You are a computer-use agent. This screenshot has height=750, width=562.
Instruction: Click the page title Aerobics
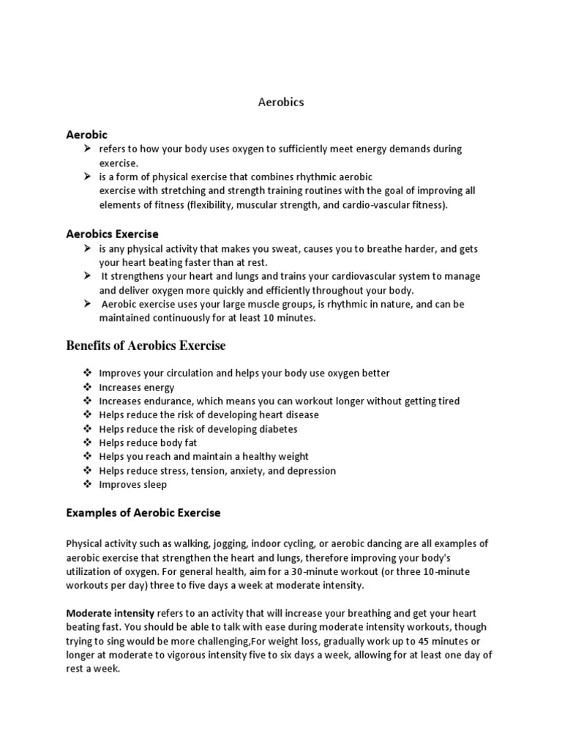(281, 103)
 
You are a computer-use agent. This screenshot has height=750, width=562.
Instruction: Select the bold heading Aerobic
(87, 135)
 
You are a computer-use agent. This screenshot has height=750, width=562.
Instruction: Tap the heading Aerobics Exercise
(112, 234)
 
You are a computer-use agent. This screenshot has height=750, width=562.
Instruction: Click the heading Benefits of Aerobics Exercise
(146, 345)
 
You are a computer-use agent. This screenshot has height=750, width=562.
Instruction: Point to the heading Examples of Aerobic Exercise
(143, 513)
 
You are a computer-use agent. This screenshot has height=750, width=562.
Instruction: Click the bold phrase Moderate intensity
(110, 613)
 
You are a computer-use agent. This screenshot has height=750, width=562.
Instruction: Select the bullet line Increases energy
(137, 387)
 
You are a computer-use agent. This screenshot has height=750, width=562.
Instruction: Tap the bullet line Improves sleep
(133, 485)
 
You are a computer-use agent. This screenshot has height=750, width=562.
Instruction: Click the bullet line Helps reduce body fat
(148, 443)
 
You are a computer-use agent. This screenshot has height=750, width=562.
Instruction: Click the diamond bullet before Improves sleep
(87, 485)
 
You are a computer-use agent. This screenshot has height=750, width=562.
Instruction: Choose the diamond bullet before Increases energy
(87, 387)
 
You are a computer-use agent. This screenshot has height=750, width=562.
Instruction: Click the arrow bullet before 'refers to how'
(87, 149)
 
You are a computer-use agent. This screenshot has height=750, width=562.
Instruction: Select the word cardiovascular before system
(359, 276)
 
